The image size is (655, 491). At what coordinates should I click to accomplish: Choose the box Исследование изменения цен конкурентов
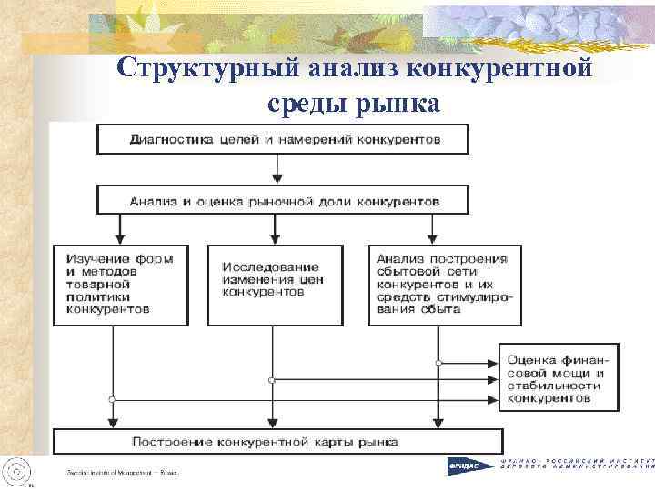click(271, 284)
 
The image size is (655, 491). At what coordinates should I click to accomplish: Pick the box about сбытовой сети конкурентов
click(445, 284)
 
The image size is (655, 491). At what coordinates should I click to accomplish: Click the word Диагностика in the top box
click(166, 140)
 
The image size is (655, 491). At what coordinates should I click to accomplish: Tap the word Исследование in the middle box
click(270, 267)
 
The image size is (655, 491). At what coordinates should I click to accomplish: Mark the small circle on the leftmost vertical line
click(112, 399)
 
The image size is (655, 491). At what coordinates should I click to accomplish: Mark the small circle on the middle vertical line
click(271, 380)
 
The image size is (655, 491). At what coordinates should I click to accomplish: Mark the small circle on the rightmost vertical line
click(438, 363)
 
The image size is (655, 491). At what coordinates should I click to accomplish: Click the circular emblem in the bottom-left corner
click(16, 470)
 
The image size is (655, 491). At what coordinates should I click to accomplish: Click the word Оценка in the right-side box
click(531, 359)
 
